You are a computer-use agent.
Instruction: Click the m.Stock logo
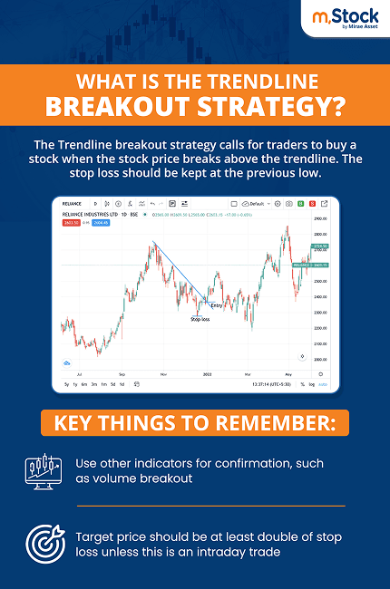343,21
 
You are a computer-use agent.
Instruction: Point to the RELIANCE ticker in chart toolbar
73,204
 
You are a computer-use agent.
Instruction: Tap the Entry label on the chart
216,305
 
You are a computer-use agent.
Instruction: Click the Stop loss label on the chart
200,319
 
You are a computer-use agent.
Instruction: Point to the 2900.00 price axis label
318,220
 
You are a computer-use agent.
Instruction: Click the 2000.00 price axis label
318,360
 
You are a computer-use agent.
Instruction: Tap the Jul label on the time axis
82,372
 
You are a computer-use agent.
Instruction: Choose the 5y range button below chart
66,385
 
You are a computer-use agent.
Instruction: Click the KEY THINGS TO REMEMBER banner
194,422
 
